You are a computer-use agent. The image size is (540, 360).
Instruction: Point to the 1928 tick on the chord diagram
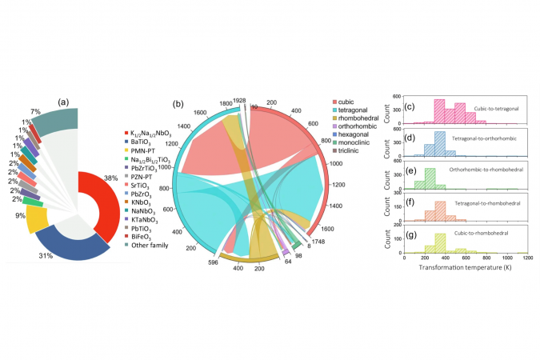(239, 102)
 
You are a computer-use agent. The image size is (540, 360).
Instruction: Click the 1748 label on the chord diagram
(318, 241)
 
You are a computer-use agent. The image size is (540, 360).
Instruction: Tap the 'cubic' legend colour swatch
(337, 102)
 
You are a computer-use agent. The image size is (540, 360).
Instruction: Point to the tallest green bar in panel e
(430, 175)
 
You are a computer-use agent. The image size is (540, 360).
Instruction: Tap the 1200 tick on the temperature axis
(526, 258)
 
